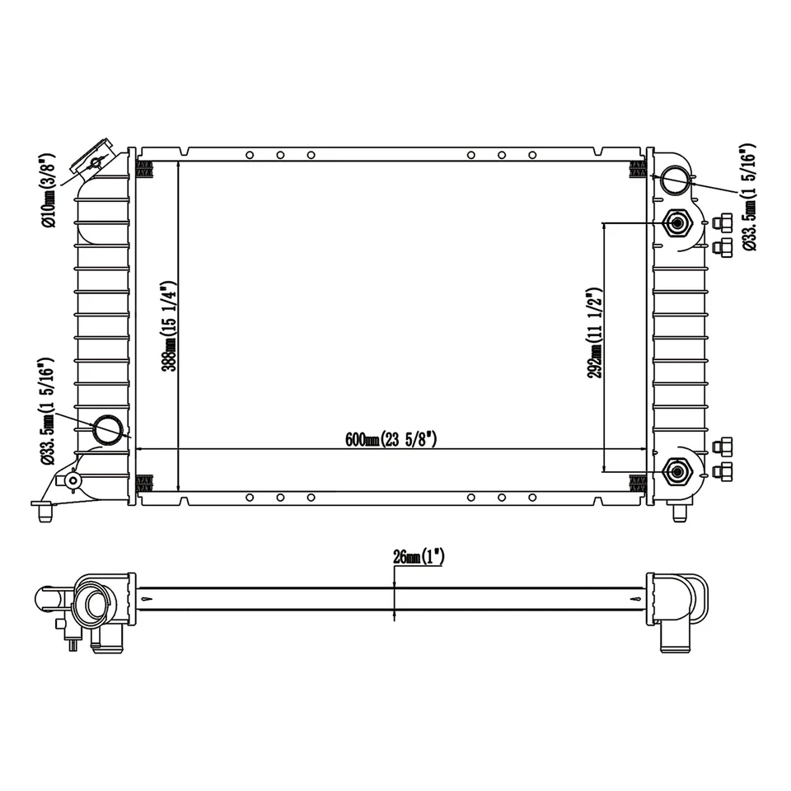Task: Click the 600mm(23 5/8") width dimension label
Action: (x=391, y=439)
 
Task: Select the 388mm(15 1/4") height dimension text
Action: (x=170, y=326)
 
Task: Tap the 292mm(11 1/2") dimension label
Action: (x=595, y=334)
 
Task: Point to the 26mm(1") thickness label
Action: (x=419, y=557)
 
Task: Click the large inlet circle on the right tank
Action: (x=675, y=180)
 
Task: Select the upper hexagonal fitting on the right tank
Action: (x=677, y=222)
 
